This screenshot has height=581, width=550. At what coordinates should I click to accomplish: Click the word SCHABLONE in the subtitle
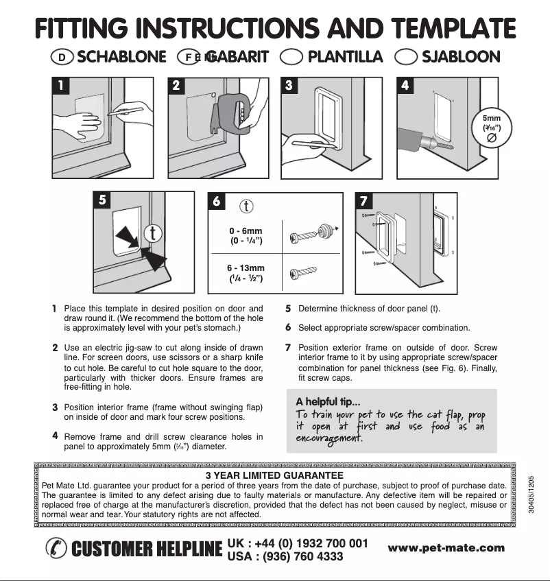121,57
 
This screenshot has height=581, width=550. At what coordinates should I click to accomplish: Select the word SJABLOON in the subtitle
461,57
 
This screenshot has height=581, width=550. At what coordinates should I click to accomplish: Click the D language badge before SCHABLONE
62,58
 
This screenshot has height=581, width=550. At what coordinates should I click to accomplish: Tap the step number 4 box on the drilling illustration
406,86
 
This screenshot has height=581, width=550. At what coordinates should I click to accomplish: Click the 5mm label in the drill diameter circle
492,118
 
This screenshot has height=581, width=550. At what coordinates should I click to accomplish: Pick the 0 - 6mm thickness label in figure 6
246,231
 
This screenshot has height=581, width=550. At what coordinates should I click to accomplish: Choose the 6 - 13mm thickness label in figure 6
246,268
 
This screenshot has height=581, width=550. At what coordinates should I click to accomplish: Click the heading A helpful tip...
328,401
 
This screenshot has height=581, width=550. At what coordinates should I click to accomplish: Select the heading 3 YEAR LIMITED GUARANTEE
274,474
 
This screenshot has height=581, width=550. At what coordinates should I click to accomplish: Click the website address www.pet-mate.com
446,547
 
